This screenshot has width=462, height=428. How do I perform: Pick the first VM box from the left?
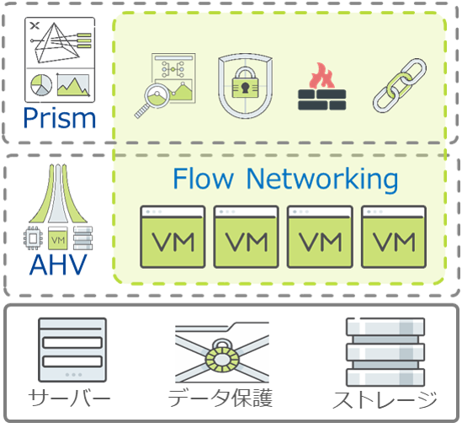pos(172,237)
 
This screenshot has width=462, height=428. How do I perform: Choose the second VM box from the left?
pos(245,237)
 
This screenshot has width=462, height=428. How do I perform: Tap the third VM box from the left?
pos(318,237)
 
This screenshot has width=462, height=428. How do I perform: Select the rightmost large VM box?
pos(392,237)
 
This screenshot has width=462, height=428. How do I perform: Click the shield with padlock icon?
pos(245,86)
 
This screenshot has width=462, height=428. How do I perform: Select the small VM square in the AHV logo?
pos(57,238)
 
